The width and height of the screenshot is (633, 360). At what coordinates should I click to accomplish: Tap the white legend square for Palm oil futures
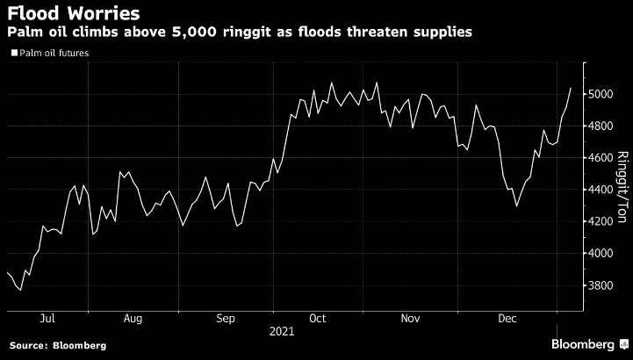click(11, 53)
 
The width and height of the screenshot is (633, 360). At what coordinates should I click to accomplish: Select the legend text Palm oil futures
click(53, 53)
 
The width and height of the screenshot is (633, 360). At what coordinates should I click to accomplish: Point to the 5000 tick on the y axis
click(605, 94)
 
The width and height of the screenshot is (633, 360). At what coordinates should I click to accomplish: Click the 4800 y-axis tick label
click(605, 126)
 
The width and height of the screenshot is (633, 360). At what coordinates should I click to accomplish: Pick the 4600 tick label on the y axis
click(605, 158)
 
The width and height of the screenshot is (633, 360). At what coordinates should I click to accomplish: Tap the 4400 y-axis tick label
click(605, 190)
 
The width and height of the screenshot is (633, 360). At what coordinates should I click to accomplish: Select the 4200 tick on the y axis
click(605, 221)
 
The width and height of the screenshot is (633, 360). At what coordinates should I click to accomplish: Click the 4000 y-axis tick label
click(605, 254)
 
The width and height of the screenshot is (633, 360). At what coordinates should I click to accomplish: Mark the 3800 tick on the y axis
click(605, 285)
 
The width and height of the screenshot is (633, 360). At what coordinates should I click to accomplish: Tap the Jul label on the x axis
click(48, 318)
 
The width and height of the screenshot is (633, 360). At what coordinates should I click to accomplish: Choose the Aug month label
click(133, 318)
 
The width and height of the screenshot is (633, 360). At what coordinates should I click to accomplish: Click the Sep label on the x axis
click(226, 318)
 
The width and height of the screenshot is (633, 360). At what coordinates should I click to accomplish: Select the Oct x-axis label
click(318, 318)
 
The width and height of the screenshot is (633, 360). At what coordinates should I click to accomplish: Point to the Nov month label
click(408, 318)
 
